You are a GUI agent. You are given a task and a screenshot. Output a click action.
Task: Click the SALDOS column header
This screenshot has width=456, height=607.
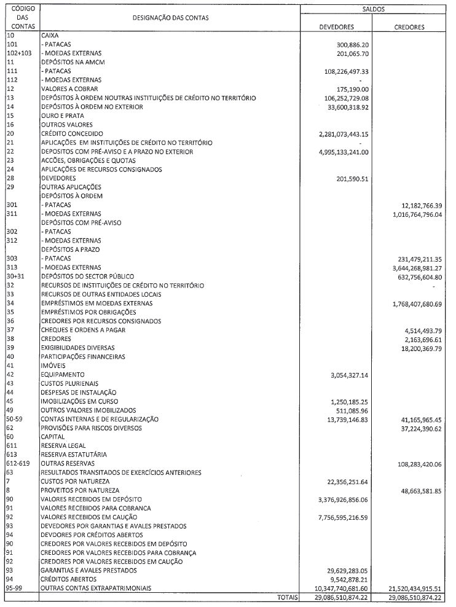click(374, 10)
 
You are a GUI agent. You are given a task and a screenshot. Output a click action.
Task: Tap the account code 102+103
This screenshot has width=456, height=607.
click(18, 53)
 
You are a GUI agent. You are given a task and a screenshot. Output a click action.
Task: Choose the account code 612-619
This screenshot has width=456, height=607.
click(20, 463)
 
